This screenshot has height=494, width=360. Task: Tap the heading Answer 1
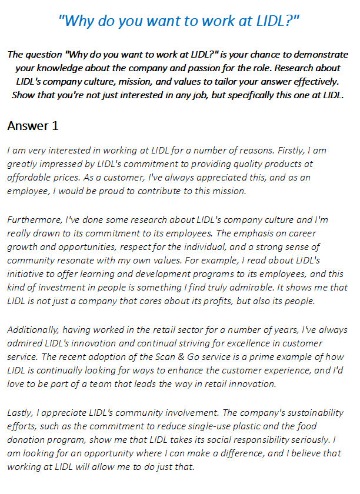(32, 126)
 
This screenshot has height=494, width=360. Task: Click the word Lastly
(22, 413)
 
